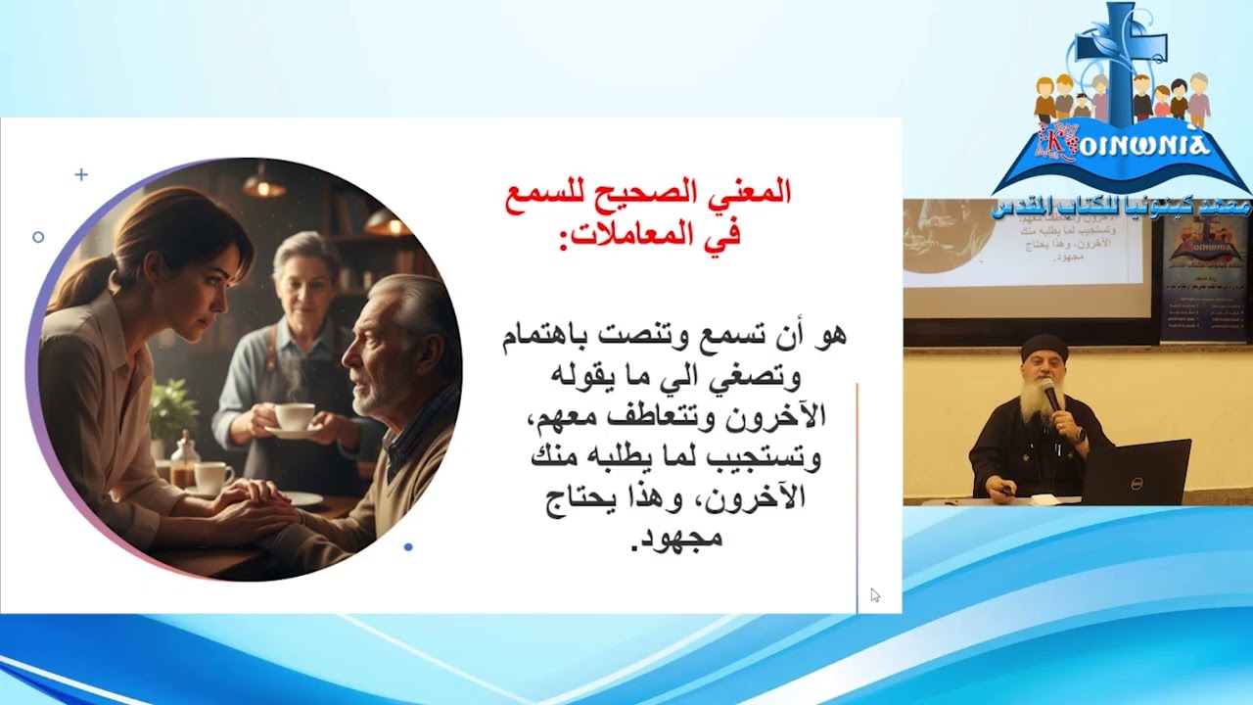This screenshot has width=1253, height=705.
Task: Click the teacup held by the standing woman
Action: [294, 416]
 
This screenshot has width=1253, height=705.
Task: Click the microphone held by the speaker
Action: [1050, 394]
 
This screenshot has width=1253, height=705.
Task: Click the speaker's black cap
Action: [1044, 347]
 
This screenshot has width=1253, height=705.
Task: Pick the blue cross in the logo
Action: [1122, 59]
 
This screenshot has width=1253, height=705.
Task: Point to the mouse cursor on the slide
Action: [874, 594]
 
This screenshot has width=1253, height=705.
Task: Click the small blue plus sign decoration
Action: [81, 174]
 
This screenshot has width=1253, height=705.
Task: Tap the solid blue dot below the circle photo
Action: [408, 546]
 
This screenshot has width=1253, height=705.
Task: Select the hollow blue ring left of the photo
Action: [38, 237]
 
